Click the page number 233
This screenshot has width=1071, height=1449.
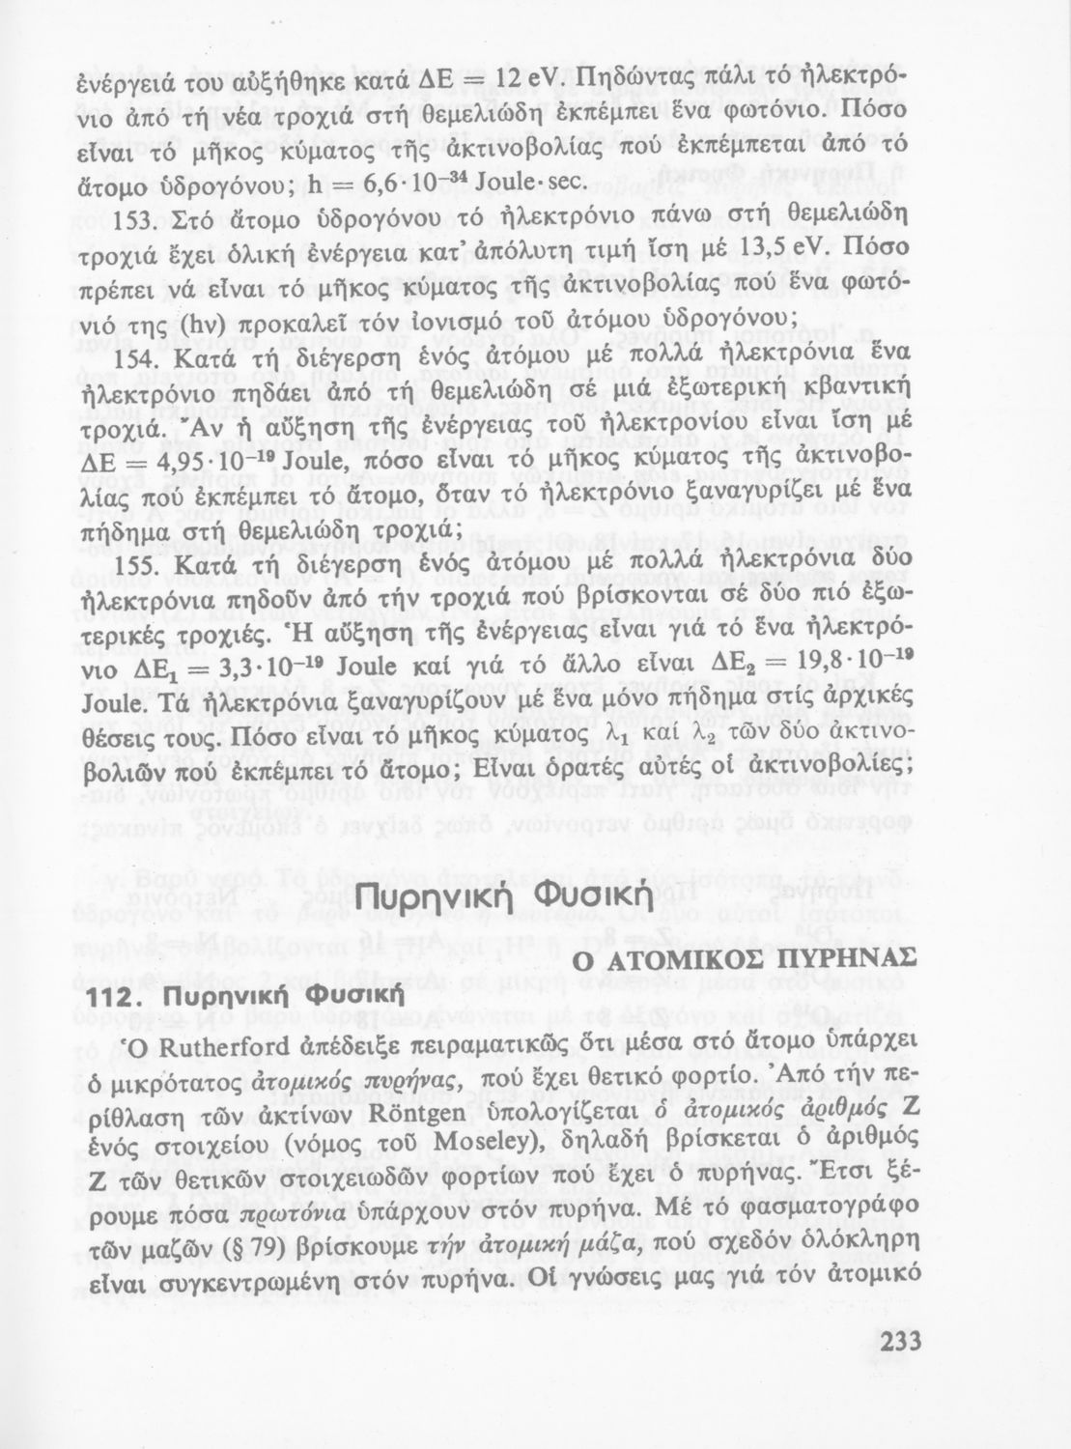coord(903,1344)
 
